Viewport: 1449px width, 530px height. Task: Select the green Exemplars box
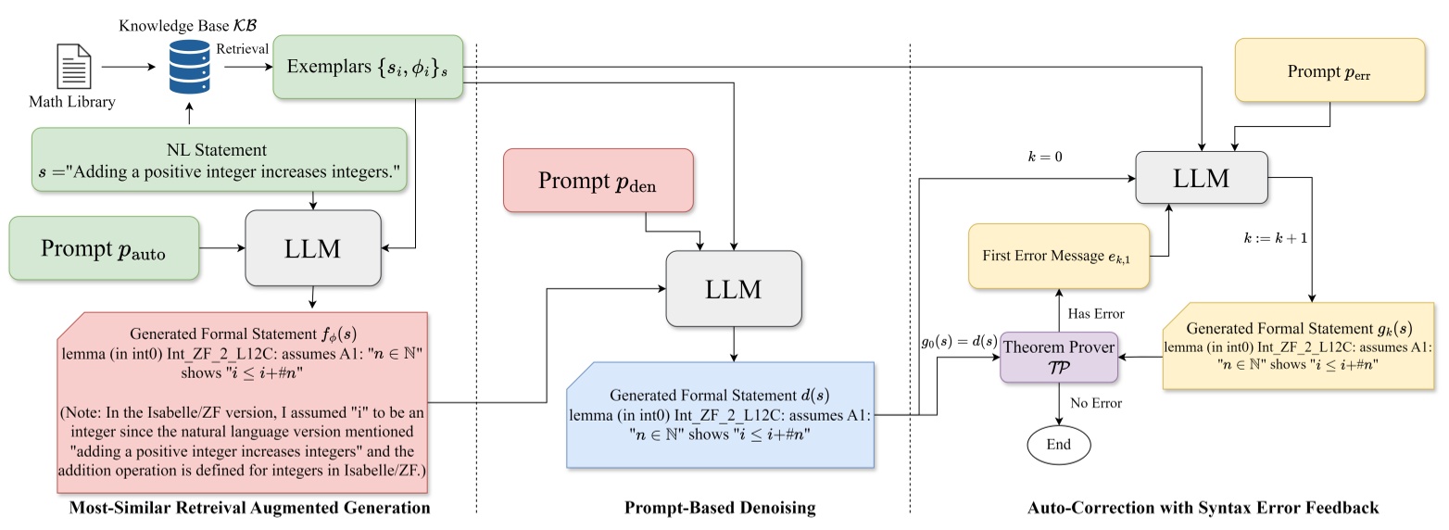click(x=368, y=67)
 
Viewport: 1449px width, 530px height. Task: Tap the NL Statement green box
click(x=220, y=160)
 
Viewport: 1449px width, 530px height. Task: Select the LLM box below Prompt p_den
click(x=733, y=288)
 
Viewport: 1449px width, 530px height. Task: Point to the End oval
click(x=1058, y=444)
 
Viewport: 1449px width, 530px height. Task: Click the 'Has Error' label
click(x=1097, y=312)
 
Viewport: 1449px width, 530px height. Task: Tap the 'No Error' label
click(x=1096, y=404)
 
